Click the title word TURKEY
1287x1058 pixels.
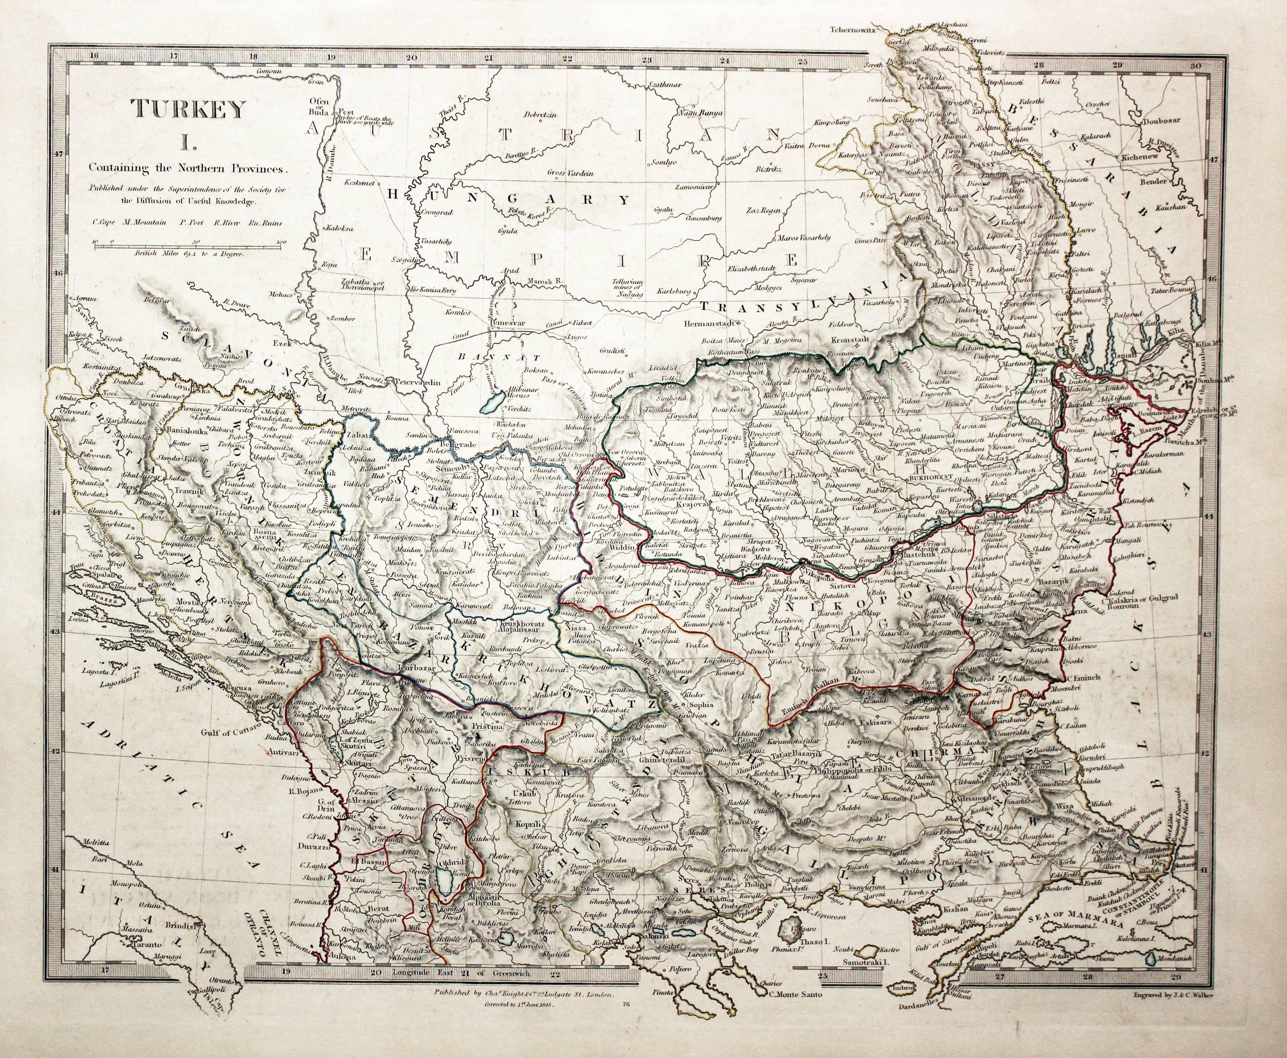[190, 110]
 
